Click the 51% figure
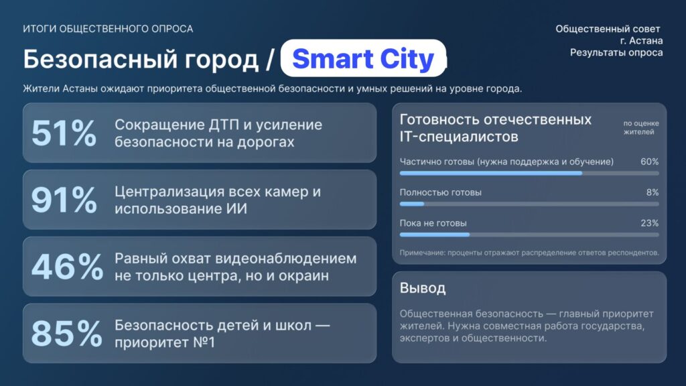(x=64, y=133)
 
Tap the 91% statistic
(x=64, y=200)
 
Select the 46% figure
(x=68, y=267)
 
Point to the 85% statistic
(x=66, y=334)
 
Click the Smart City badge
(x=363, y=59)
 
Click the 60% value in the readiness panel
(x=649, y=162)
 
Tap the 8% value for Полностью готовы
(x=653, y=192)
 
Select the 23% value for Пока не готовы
(x=649, y=222)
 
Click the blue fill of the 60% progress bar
(x=491, y=174)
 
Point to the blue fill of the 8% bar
(x=412, y=204)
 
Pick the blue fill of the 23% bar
(x=434, y=235)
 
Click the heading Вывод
(x=423, y=288)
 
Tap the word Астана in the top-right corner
(x=646, y=41)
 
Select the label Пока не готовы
(x=433, y=223)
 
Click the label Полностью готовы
(x=441, y=192)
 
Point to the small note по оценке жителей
(x=641, y=128)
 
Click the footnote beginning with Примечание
(x=529, y=253)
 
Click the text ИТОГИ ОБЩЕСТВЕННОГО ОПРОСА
(x=108, y=29)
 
